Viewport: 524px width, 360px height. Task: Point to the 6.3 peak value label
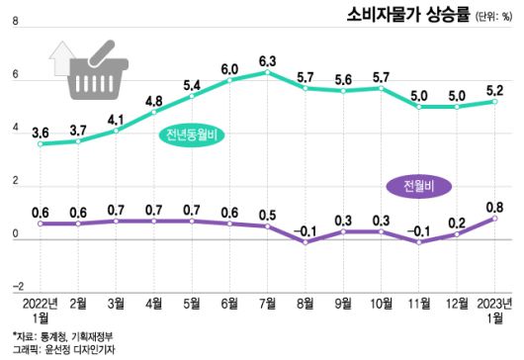[267, 61]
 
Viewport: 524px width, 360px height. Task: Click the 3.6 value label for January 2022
[42, 132]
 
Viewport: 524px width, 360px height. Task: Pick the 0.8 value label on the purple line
[495, 206]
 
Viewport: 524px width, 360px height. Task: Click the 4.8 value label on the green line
[154, 100]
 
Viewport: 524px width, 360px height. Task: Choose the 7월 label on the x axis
[268, 303]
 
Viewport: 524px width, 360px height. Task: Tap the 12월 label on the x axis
[457, 303]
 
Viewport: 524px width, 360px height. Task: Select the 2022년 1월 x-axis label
[41, 310]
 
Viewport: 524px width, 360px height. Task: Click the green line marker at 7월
[268, 73]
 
